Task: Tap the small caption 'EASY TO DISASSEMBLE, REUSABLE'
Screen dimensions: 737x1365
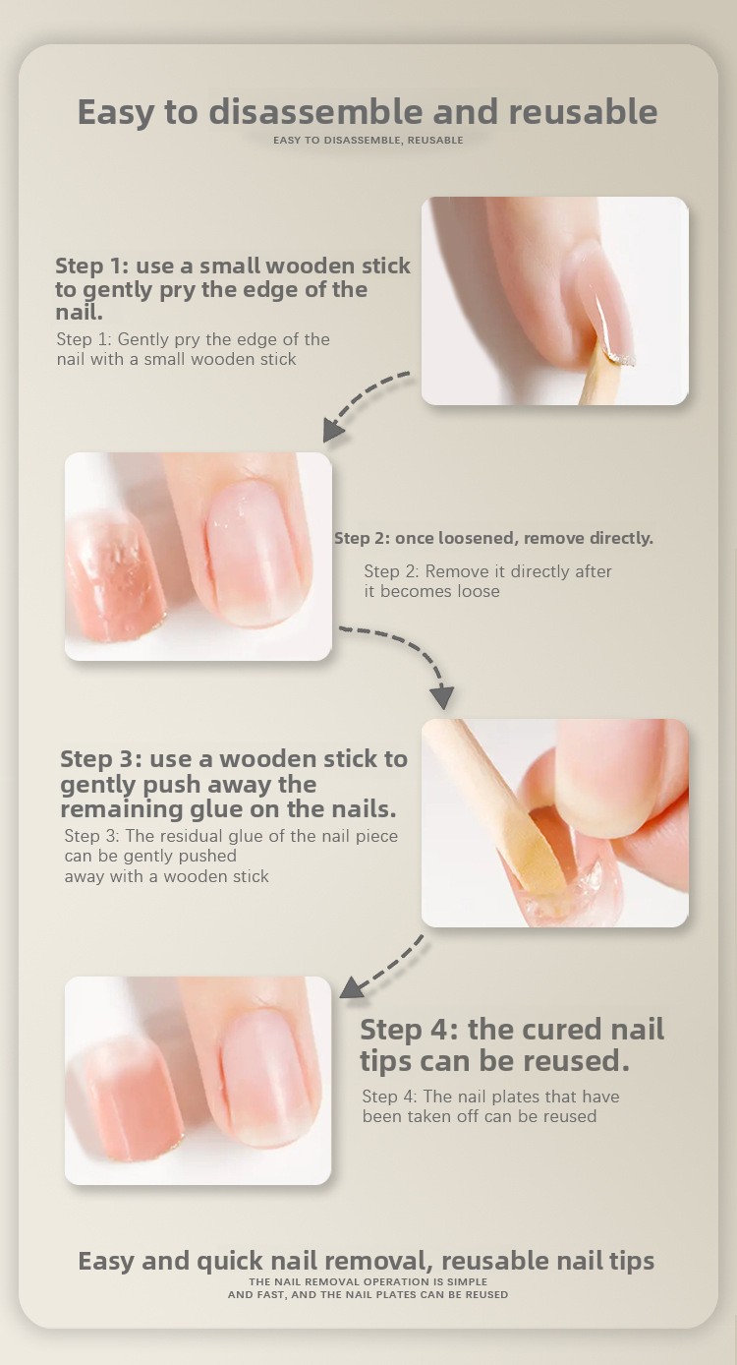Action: click(x=368, y=141)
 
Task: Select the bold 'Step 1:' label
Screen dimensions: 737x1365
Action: click(x=92, y=267)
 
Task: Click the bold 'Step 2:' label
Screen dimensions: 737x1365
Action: click(x=362, y=538)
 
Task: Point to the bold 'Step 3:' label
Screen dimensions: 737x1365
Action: click(x=101, y=759)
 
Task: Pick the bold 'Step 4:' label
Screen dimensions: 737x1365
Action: click(x=408, y=1030)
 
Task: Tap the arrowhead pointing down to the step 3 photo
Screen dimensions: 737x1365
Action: click(x=442, y=697)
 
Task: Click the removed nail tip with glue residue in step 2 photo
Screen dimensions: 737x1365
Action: click(x=115, y=576)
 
